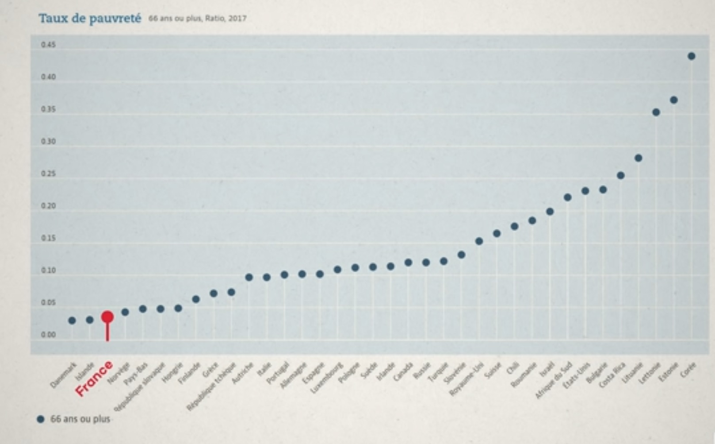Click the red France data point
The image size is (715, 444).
[x=107, y=317]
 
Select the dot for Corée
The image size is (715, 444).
[x=692, y=56]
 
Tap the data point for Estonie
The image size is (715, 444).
[x=674, y=100]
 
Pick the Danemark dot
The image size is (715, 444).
[x=72, y=320]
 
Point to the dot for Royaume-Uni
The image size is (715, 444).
[x=479, y=241]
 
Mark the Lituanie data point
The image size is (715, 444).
[x=639, y=158]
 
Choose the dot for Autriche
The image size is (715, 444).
[x=249, y=277]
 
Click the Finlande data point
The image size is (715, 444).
[x=196, y=299]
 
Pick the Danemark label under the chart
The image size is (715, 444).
[x=64, y=375]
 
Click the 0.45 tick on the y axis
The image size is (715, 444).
[x=49, y=45]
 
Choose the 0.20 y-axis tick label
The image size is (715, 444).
[x=49, y=206]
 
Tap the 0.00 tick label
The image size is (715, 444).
[x=49, y=335]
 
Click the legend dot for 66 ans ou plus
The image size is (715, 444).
[x=41, y=419]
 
